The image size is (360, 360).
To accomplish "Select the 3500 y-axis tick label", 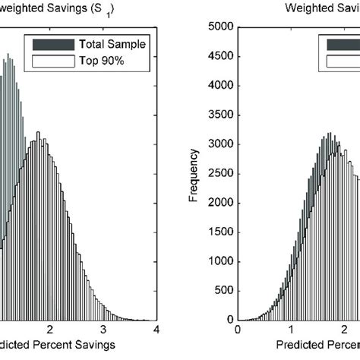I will pos(217,115).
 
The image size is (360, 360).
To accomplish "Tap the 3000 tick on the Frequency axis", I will pos(217,144).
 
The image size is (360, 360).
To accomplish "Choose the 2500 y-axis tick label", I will pos(217,172).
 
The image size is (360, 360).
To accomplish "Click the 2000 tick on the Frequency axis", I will pos(217,202).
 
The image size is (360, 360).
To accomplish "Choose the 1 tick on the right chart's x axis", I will pos(290,329).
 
